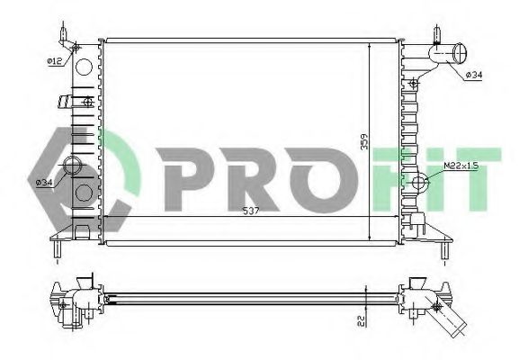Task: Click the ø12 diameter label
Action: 54,61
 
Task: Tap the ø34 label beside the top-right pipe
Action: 474,75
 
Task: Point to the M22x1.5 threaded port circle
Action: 419,184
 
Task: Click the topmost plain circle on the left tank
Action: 83,67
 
